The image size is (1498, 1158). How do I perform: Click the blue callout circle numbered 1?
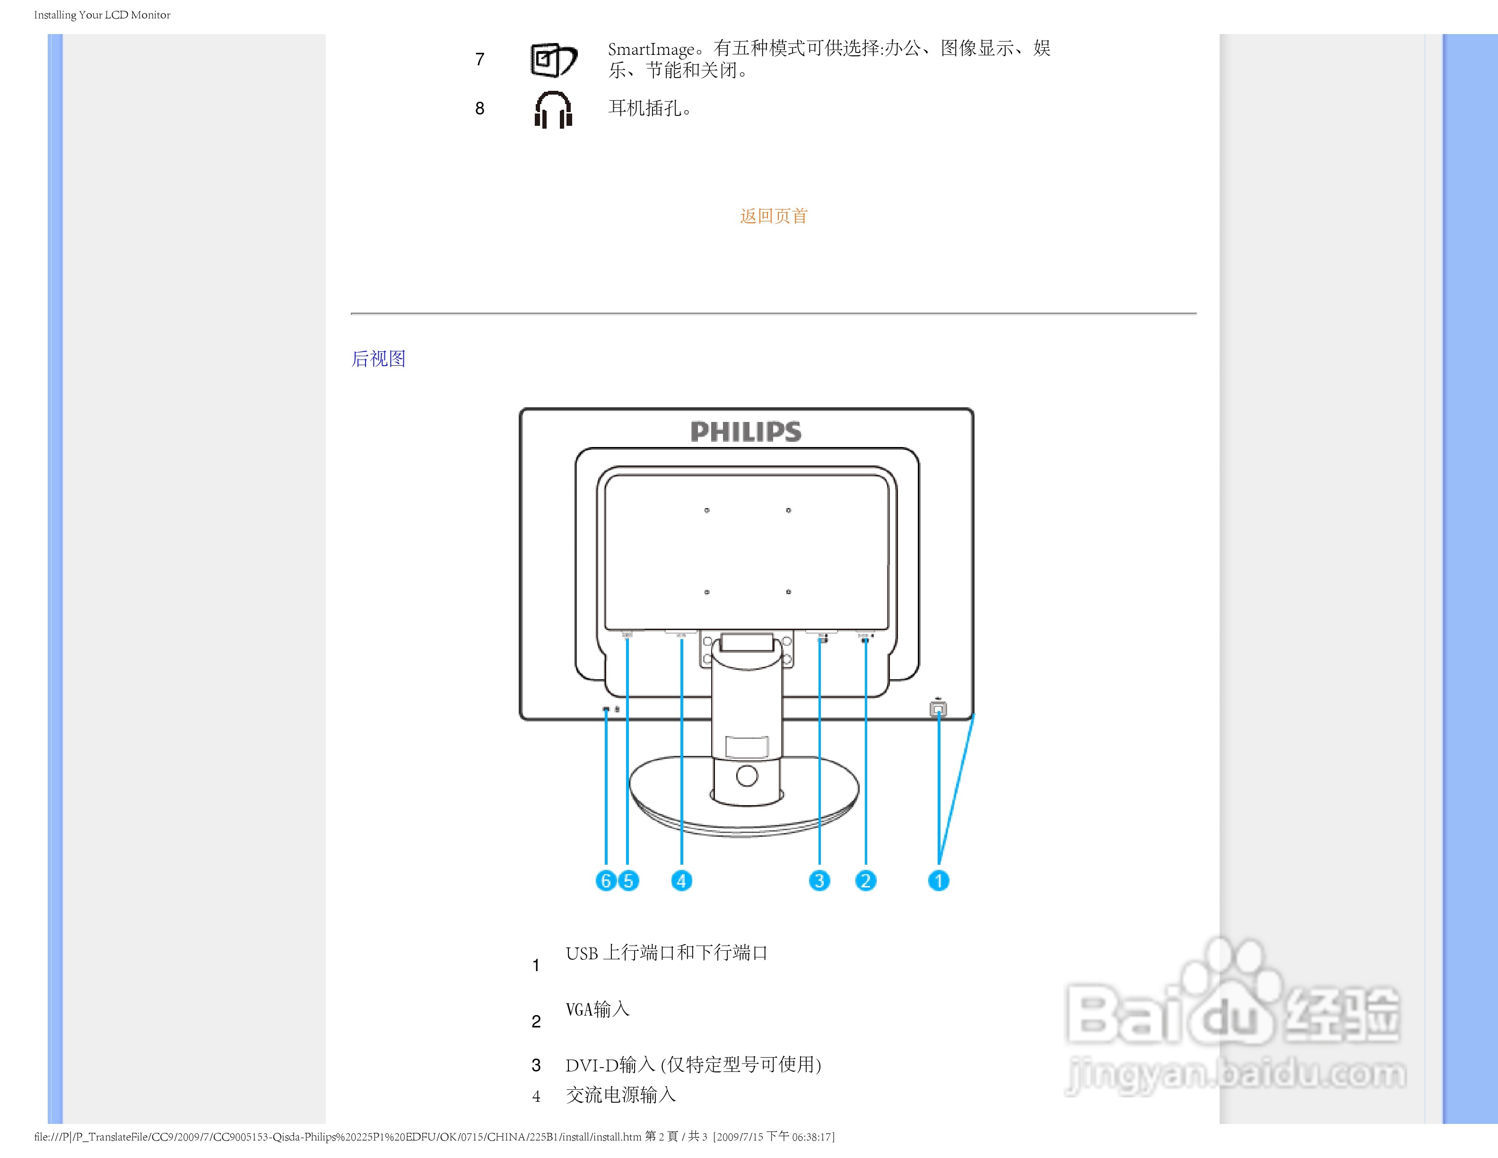coord(938,880)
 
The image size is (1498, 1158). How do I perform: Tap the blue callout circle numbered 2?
coord(866,880)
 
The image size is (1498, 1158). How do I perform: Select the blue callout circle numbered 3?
coord(819,880)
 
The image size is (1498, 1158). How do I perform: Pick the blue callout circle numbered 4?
coord(681,880)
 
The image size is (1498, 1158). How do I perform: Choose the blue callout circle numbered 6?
coord(606,880)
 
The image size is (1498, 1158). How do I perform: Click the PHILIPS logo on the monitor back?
coord(746,431)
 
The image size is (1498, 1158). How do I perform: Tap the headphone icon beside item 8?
coord(553,110)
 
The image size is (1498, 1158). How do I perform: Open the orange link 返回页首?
coord(774,216)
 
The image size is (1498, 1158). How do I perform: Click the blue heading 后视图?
coord(379,359)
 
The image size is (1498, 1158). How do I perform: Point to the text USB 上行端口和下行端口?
coord(666,953)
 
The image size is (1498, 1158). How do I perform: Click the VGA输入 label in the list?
coord(597,1009)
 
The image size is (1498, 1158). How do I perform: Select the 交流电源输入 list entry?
coord(621,1095)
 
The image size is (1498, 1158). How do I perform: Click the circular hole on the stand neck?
coord(746,776)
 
